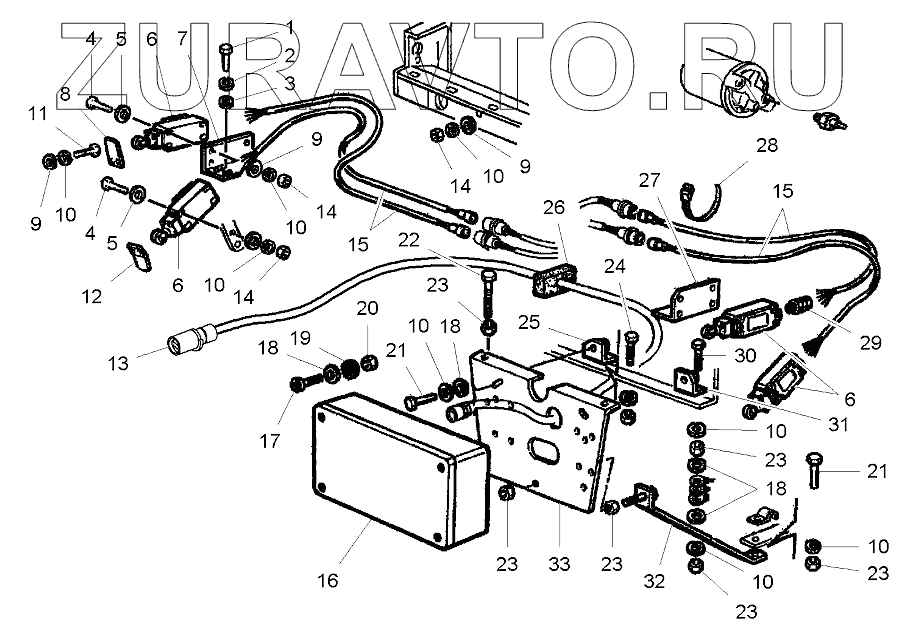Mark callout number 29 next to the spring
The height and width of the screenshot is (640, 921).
(868, 342)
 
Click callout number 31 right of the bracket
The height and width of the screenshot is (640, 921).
(838, 424)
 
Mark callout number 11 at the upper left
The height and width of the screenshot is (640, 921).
(37, 116)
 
